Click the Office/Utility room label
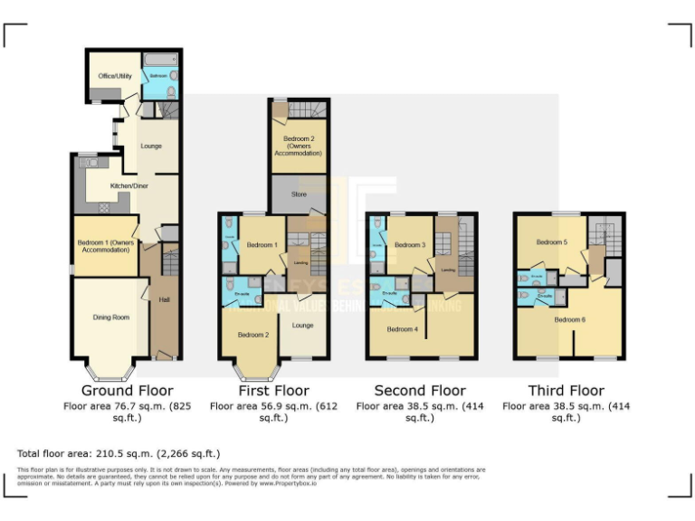(x=115, y=76)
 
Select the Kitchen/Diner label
(x=129, y=185)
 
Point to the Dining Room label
(x=111, y=317)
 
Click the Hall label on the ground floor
(x=164, y=299)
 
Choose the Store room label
(x=299, y=194)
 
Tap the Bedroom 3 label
(x=409, y=245)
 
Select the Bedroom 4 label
(x=402, y=329)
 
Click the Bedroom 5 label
(x=551, y=242)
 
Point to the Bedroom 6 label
(x=569, y=319)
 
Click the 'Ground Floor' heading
(x=127, y=391)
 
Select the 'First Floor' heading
(x=272, y=391)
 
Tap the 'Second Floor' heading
(x=421, y=391)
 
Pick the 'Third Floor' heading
(x=566, y=391)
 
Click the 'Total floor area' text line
(x=119, y=453)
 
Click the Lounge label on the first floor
(x=302, y=325)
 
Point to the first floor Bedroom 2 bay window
(x=252, y=371)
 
